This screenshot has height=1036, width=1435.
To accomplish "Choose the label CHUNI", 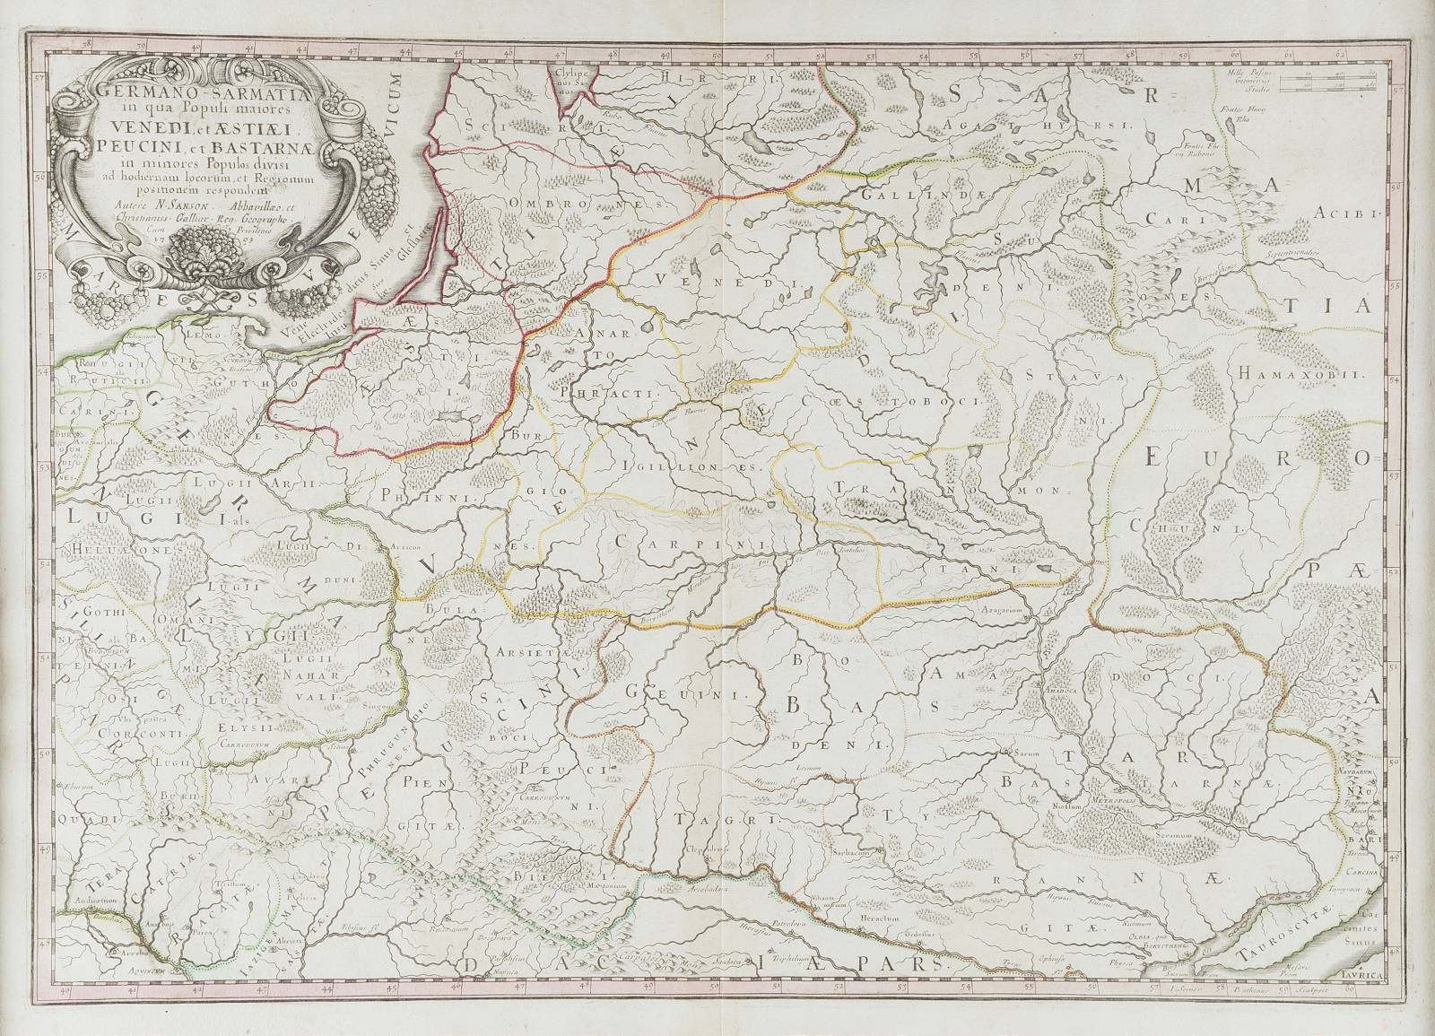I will tap(1215, 530).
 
